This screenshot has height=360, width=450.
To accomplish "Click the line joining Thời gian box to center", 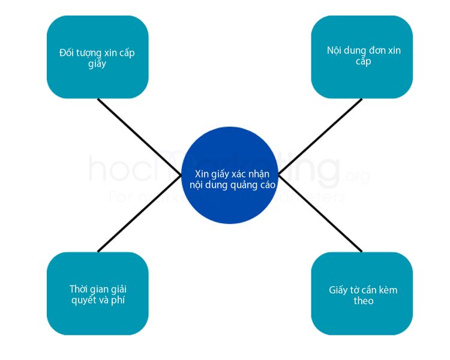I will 139,214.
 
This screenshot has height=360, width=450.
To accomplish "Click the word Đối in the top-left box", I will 67,53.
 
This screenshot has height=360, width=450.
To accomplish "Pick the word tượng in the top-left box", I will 91,53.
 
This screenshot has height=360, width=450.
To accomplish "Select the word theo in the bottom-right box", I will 363,301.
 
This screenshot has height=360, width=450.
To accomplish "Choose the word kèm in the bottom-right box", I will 387,290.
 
